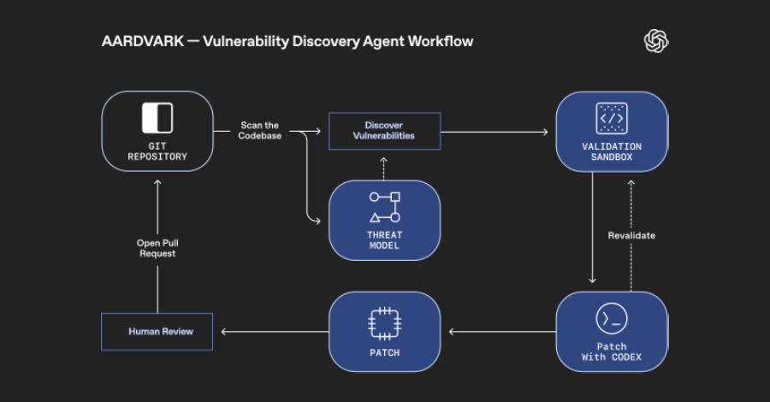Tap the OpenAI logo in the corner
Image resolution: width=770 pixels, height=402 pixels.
pyautogui.click(x=656, y=41)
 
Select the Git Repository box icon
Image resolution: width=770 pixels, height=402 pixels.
pyautogui.click(x=157, y=118)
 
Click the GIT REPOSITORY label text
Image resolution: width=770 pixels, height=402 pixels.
pyautogui.click(x=157, y=151)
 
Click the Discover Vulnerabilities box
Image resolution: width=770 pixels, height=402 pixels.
pyautogui.click(x=384, y=131)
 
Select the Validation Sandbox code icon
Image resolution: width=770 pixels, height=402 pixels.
pyautogui.click(x=611, y=118)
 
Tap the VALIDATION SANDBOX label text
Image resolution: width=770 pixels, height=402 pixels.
pyautogui.click(x=611, y=151)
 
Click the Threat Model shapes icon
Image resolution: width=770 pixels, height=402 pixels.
pyautogui.click(x=385, y=208)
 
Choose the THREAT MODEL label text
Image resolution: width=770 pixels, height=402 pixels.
pyautogui.click(x=385, y=240)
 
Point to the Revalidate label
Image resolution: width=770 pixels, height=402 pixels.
pyautogui.click(x=631, y=235)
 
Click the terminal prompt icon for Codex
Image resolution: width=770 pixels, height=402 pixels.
pyautogui.click(x=611, y=319)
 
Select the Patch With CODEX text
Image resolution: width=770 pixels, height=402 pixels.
pyautogui.click(x=611, y=351)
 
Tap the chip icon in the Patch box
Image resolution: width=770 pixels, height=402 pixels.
pyautogui.click(x=384, y=322)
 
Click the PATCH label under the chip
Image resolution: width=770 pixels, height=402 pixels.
pyautogui.click(x=384, y=352)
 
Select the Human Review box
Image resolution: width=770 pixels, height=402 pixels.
pyautogui.click(x=157, y=331)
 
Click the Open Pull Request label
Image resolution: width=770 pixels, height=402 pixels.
pyautogui.click(x=157, y=248)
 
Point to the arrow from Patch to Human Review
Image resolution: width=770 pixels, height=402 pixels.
pyautogui.click(x=274, y=332)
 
